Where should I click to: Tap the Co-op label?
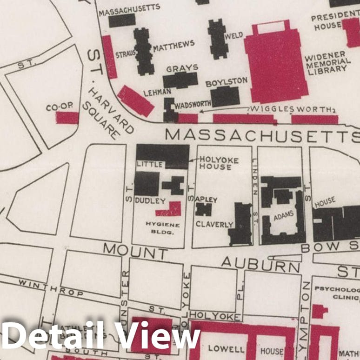(x=60, y=107)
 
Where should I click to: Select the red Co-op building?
(x=67, y=118)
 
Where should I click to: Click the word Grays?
(x=182, y=68)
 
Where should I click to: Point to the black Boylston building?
(x=225, y=96)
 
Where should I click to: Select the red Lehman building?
(x=135, y=101)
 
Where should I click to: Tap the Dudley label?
(x=150, y=201)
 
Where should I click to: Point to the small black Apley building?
(x=203, y=209)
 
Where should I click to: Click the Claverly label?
(x=214, y=224)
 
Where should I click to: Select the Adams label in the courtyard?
(x=282, y=217)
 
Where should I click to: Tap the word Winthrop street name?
(x=52, y=288)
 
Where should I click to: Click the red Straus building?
(x=110, y=57)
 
